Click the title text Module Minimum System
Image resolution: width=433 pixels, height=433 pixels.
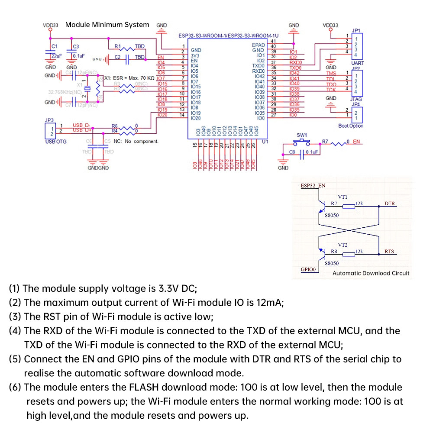107,25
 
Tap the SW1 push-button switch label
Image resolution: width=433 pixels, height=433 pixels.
301,135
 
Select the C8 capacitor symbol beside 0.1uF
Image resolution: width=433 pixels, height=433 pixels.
301,152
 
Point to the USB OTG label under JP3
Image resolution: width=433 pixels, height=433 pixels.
56,142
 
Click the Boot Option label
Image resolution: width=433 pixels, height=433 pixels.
351,126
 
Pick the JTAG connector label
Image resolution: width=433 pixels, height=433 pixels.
356,99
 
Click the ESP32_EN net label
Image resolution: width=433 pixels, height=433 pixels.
313,186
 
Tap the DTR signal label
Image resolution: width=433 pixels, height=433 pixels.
389,204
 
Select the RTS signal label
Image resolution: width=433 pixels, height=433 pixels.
389,252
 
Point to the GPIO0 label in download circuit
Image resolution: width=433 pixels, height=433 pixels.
309,269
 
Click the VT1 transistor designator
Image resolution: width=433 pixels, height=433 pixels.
343,196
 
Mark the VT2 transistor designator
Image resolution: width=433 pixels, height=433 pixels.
343,244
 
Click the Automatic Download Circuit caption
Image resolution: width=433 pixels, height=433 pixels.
371,273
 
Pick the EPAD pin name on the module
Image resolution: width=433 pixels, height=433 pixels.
258,45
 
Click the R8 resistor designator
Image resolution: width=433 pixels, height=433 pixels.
334,252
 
